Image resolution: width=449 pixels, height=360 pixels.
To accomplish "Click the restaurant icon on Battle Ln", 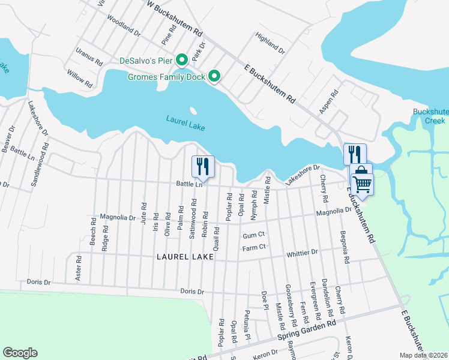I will (x=203, y=166).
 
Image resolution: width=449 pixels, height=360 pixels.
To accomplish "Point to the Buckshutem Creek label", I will (x=430, y=116).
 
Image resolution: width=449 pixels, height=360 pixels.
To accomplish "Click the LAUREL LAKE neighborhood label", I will (x=185, y=257).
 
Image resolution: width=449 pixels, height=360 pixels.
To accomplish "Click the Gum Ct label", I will (x=254, y=236).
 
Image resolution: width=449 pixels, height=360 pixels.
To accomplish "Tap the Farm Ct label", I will (x=254, y=248).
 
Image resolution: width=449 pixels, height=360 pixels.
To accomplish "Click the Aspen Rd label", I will (x=329, y=101).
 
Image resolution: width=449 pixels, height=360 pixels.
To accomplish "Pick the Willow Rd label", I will (x=80, y=77).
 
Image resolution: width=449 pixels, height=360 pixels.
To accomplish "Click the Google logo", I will (x=20, y=353).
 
